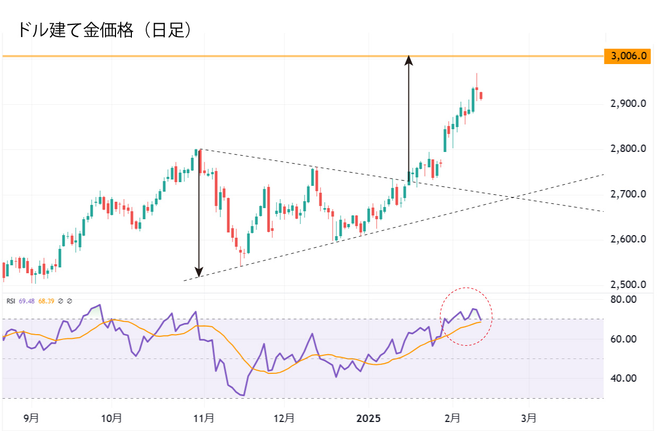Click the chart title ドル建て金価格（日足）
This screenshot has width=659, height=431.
pyautogui.click(x=104, y=29)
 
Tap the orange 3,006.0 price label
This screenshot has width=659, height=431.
pyautogui.click(x=627, y=56)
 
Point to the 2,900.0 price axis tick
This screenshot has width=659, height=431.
pyautogui.click(x=628, y=104)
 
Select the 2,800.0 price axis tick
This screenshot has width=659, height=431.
pyautogui.click(x=628, y=149)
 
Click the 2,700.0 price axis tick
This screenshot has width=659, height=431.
pyautogui.click(x=628, y=194)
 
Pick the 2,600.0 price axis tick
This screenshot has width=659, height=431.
pyautogui.click(x=628, y=239)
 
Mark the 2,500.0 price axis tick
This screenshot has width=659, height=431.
pyautogui.click(x=628, y=285)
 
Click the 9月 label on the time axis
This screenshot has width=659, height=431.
pyautogui.click(x=31, y=418)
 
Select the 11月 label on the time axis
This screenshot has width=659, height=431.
pyautogui.click(x=204, y=418)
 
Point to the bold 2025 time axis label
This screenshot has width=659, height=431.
pyautogui.click(x=369, y=418)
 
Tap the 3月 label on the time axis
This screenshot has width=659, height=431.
pyautogui.click(x=528, y=418)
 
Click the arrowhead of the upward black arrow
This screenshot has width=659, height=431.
pyautogui.click(x=408, y=59)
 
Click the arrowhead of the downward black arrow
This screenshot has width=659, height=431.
pyautogui.click(x=199, y=273)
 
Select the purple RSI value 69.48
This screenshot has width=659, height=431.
pyautogui.click(x=26, y=301)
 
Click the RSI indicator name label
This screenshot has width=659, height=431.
pyautogui.click(x=11, y=301)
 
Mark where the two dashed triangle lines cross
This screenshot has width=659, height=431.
pyautogui.click(x=513, y=198)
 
